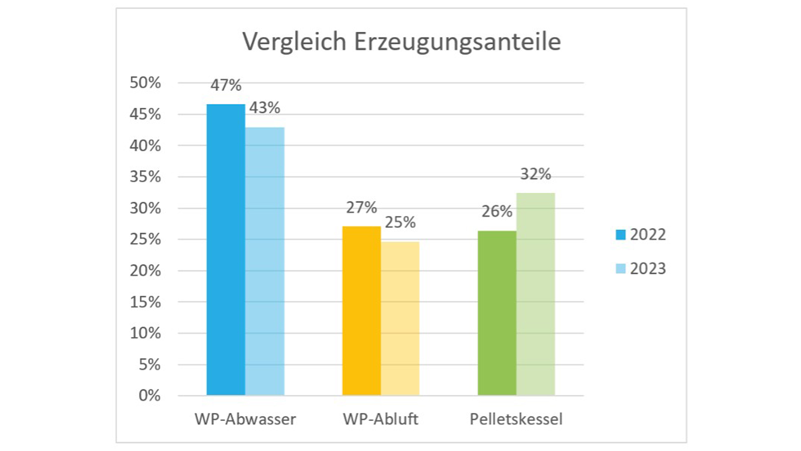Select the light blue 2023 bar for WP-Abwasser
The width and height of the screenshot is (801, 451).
click(x=265, y=261)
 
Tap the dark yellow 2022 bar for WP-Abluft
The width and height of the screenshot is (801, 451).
click(x=361, y=311)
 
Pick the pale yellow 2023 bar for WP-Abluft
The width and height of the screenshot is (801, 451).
click(x=400, y=318)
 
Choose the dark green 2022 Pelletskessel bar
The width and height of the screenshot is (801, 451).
click(x=497, y=313)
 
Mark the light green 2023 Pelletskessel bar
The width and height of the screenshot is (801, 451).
click(x=536, y=294)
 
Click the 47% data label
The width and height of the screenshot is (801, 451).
click(x=226, y=86)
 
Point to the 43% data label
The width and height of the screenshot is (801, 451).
click(x=264, y=108)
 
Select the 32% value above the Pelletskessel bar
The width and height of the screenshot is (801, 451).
click(x=536, y=174)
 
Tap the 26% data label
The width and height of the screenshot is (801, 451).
click(x=497, y=212)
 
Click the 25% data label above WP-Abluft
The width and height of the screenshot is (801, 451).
click(x=400, y=223)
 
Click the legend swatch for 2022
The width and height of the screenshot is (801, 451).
click(x=621, y=235)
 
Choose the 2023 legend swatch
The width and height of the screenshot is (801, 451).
click(x=621, y=269)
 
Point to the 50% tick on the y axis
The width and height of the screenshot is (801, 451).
click(x=145, y=83)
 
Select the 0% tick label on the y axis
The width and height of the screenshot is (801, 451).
click(x=149, y=395)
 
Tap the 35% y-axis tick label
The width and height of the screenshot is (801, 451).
click(x=145, y=177)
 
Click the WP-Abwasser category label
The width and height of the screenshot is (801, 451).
click(x=245, y=419)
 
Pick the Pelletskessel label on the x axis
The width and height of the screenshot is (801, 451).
click(x=516, y=419)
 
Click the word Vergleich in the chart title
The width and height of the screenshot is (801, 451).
click(x=295, y=42)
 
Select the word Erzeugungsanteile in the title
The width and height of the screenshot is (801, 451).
click(x=457, y=42)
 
